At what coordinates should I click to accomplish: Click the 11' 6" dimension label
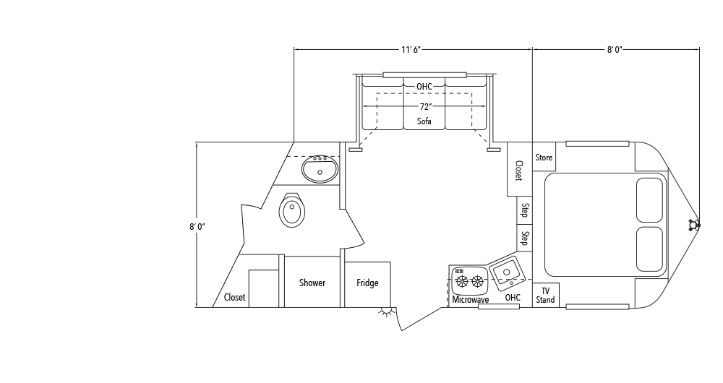411,50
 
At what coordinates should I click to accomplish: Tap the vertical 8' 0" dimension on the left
197,226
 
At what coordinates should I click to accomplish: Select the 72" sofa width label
424,106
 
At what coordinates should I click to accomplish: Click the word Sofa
424,121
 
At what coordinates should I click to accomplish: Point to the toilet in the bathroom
292,210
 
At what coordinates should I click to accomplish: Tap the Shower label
312,283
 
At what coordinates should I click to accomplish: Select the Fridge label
367,283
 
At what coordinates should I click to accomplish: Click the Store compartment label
544,158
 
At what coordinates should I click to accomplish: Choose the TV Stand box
545,295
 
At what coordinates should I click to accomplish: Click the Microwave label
471,299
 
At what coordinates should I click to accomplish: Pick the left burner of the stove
462,281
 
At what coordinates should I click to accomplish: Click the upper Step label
525,210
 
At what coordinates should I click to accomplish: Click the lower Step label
525,238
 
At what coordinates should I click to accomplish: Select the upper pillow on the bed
649,199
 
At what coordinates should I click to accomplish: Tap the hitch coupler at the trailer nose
695,225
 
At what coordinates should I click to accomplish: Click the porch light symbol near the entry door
388,313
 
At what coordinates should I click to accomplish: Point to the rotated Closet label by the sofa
518,170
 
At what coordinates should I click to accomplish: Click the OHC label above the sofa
424,87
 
